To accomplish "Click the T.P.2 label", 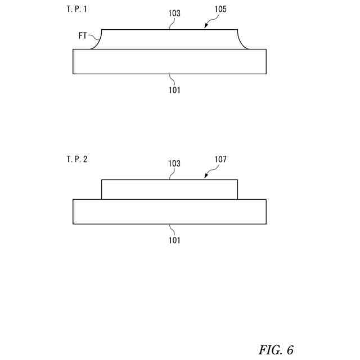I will click(x=77, y=159).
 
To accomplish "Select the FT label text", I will click(x=83, y=35).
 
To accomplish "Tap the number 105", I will click(x=220, y=10).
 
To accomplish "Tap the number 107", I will click(x=220, y=160).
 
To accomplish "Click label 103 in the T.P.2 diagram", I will click(x=174, y=164).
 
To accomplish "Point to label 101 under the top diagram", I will click(x=174, y=89).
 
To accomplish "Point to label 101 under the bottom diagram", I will click(x=174, y=240).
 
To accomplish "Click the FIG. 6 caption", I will click(x=276, y=350).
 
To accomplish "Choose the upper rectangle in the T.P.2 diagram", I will click(x=169, y=190).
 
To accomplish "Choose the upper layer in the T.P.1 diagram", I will click(x=169, y=39).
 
